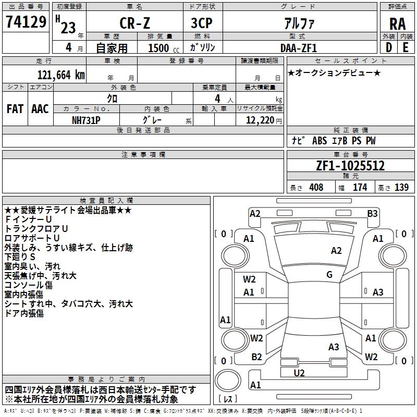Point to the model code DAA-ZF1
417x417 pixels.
click(x=299, y=48)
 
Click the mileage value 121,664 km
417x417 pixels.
click(x=61, y=75)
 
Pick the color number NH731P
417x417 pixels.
click(x=87, y=119)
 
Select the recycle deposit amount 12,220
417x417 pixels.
click(x=258, y=119)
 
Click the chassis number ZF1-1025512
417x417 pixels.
click(x=350, y=166)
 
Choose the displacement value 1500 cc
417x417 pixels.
click(x=161, y=48)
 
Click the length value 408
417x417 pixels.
click(x=316, y=187)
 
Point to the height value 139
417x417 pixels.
click(x=401, y=187)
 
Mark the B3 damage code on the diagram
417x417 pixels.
click(x=372, y=213)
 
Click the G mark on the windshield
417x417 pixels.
click(x=329, y=275)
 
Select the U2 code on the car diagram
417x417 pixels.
click(x=299, y=373)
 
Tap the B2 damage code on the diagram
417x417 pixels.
click(x=256, y=357)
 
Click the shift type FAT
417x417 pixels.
click(x=15, y=109)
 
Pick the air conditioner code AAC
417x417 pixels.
click(x=40, y=109)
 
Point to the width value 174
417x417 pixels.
click(x=360, y=187)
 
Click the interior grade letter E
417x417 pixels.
click(x=406, y=47)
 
